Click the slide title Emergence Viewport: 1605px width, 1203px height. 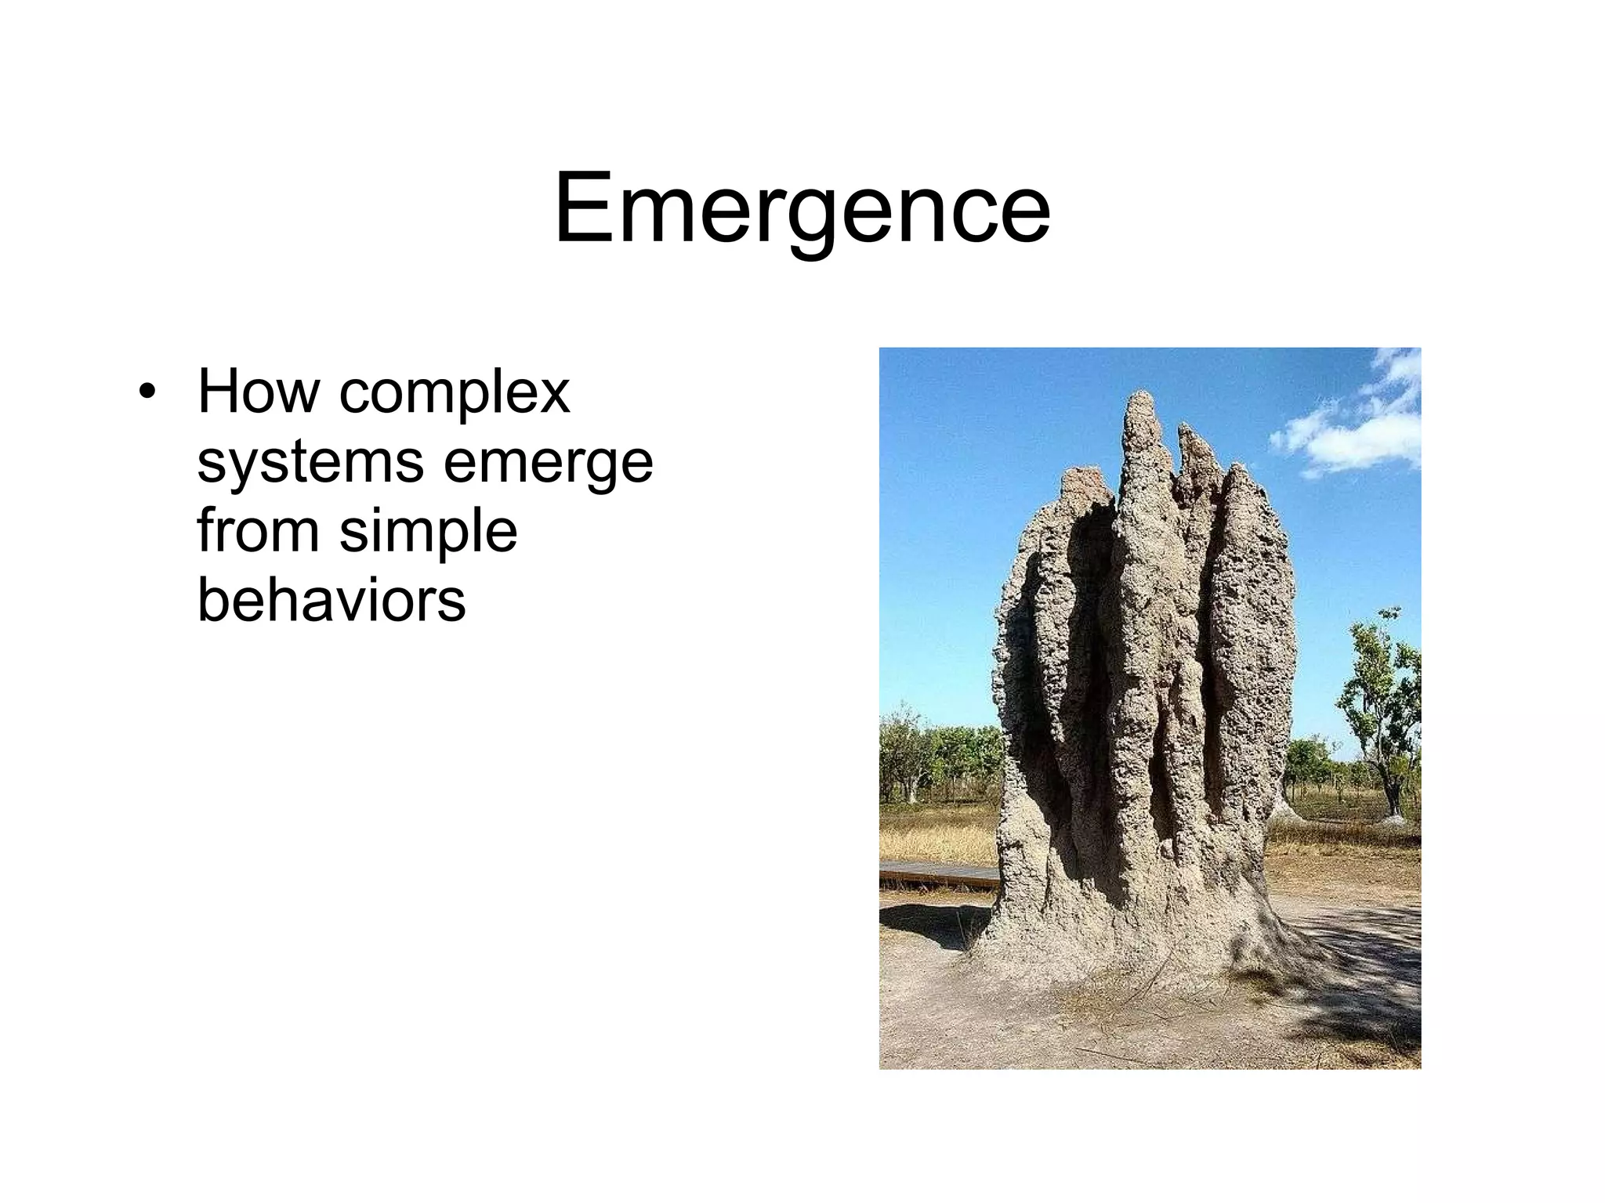802,209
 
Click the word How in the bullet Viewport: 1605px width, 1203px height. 258,391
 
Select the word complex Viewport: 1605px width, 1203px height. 454,394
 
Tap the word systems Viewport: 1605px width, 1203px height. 310,463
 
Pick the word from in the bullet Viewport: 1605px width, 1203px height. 258,530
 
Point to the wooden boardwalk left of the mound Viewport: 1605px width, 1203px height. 937,873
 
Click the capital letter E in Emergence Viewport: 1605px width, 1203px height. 584,209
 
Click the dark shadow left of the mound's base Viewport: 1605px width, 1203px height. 933,924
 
